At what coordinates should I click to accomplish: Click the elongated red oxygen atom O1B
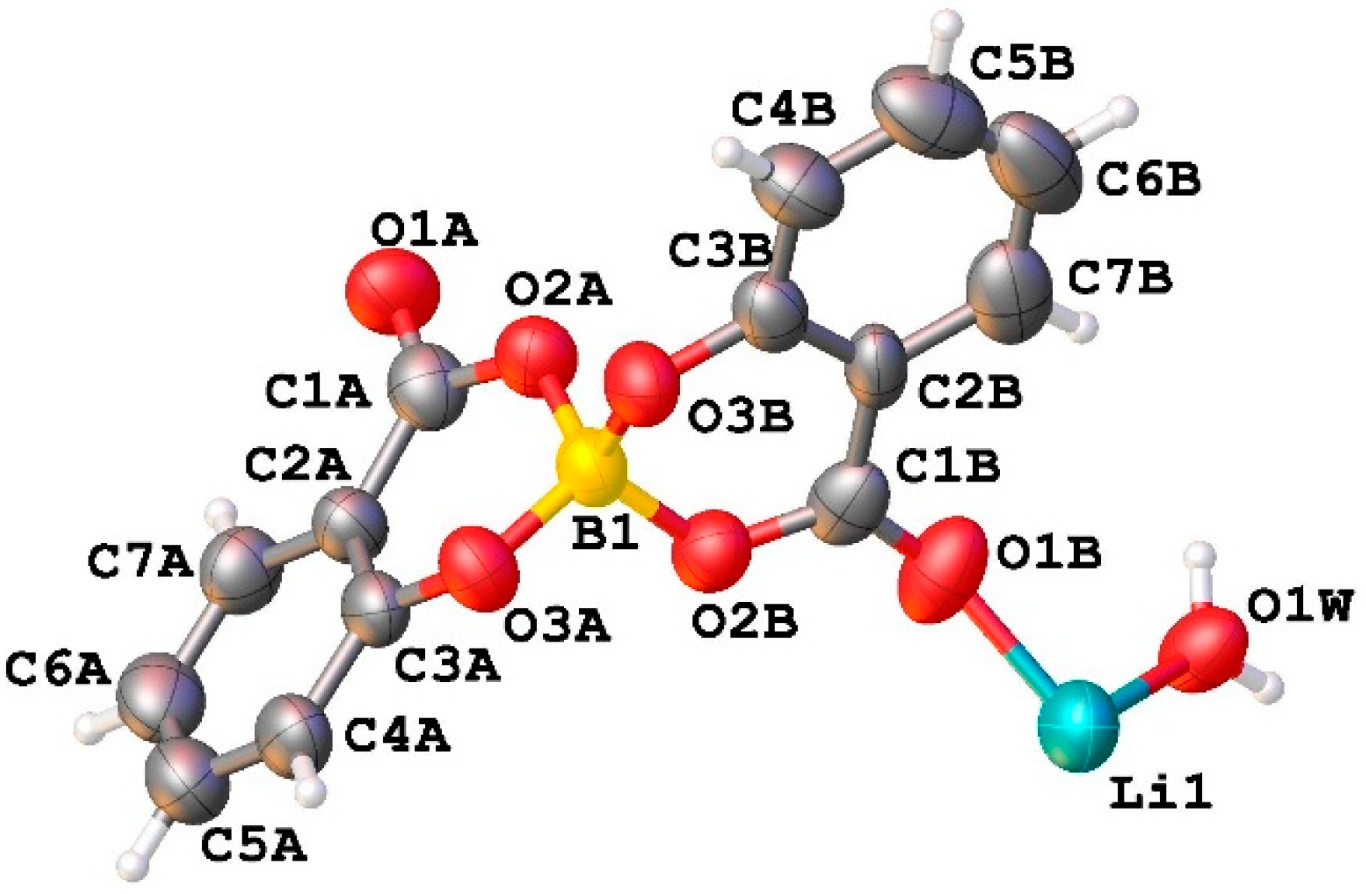[x=939, y=569]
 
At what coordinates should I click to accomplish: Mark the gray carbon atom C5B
[x=927, y=113]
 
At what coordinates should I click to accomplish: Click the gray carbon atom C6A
[x=160, y=697]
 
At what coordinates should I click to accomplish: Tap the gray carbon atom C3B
[x=770, y=317]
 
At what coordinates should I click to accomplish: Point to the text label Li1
[x=1161, y=794]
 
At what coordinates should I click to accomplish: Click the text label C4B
[x=783, y=111]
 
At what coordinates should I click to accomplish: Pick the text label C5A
[x=254, y=846]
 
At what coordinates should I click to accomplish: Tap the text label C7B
[x=1120, y=277]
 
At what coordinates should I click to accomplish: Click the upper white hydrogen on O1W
[x=1201, y=555]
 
